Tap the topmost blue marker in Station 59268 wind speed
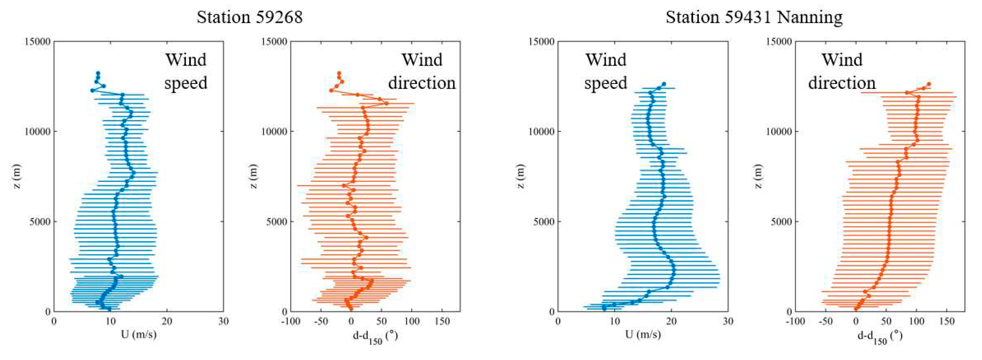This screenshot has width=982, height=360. tap(98, 73)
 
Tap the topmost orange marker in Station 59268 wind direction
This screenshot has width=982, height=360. tap(339, 73)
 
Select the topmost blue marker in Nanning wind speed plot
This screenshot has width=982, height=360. tap(664, 84)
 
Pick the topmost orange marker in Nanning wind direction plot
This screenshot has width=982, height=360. tap(929, 84)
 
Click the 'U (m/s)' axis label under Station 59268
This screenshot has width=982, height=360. tap(139, 335)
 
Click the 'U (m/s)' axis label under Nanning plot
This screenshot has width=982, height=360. tap(643, 335)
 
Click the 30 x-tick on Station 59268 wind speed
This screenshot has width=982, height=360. tap(223, 321)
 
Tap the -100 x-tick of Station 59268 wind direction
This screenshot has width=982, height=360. tap(291, 321)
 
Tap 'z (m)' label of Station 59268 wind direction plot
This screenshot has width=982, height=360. tap(254, 176)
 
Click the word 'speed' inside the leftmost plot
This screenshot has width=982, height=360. tap(186, 83)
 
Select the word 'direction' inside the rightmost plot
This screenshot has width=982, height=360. tap(842, 83)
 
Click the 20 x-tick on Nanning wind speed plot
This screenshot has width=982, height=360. tap(671, 321)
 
